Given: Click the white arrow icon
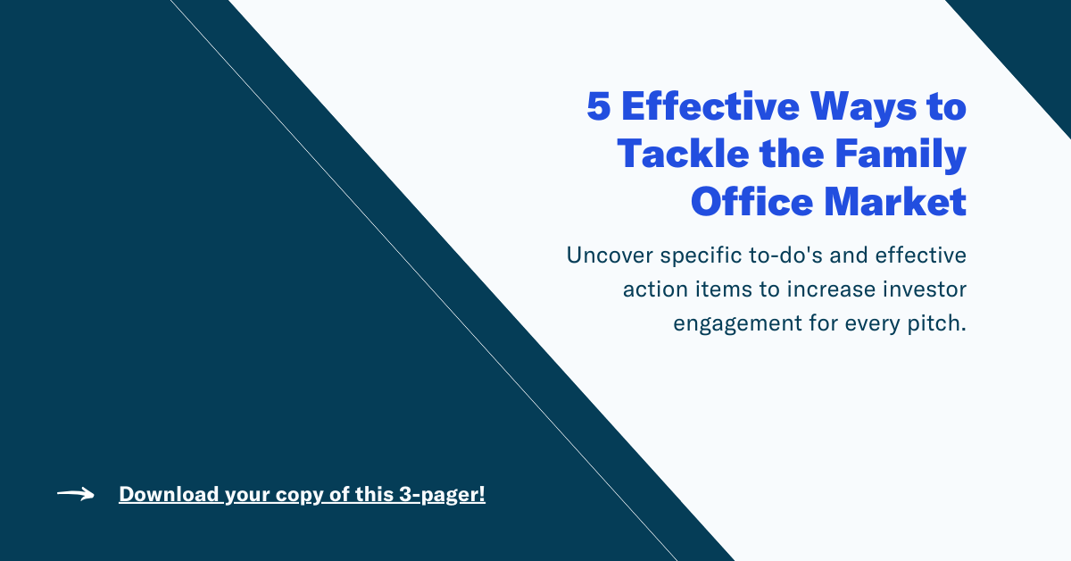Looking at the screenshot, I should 76,494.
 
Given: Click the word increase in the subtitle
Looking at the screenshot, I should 834,290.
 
